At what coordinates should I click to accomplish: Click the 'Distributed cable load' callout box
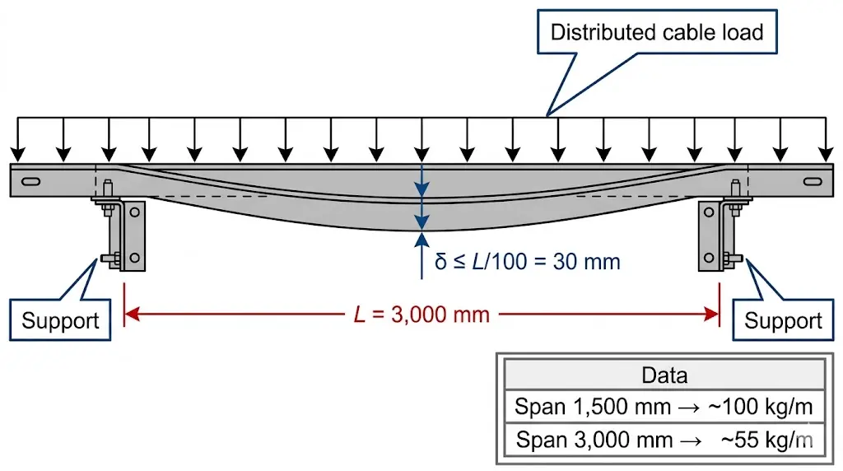(x=656, y=33)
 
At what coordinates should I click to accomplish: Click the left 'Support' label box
(x=59, y=320)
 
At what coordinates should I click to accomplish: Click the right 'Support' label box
(x=782, y=320)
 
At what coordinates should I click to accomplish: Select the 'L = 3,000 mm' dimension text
(x=420, y=314)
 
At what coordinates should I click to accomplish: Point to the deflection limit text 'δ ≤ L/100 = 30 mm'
(x=527, y=262)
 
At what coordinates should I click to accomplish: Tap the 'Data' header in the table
(x=664, y=375)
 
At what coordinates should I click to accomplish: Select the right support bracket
(x=711, y=235)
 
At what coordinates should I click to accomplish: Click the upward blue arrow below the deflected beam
(x=421, y=240)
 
